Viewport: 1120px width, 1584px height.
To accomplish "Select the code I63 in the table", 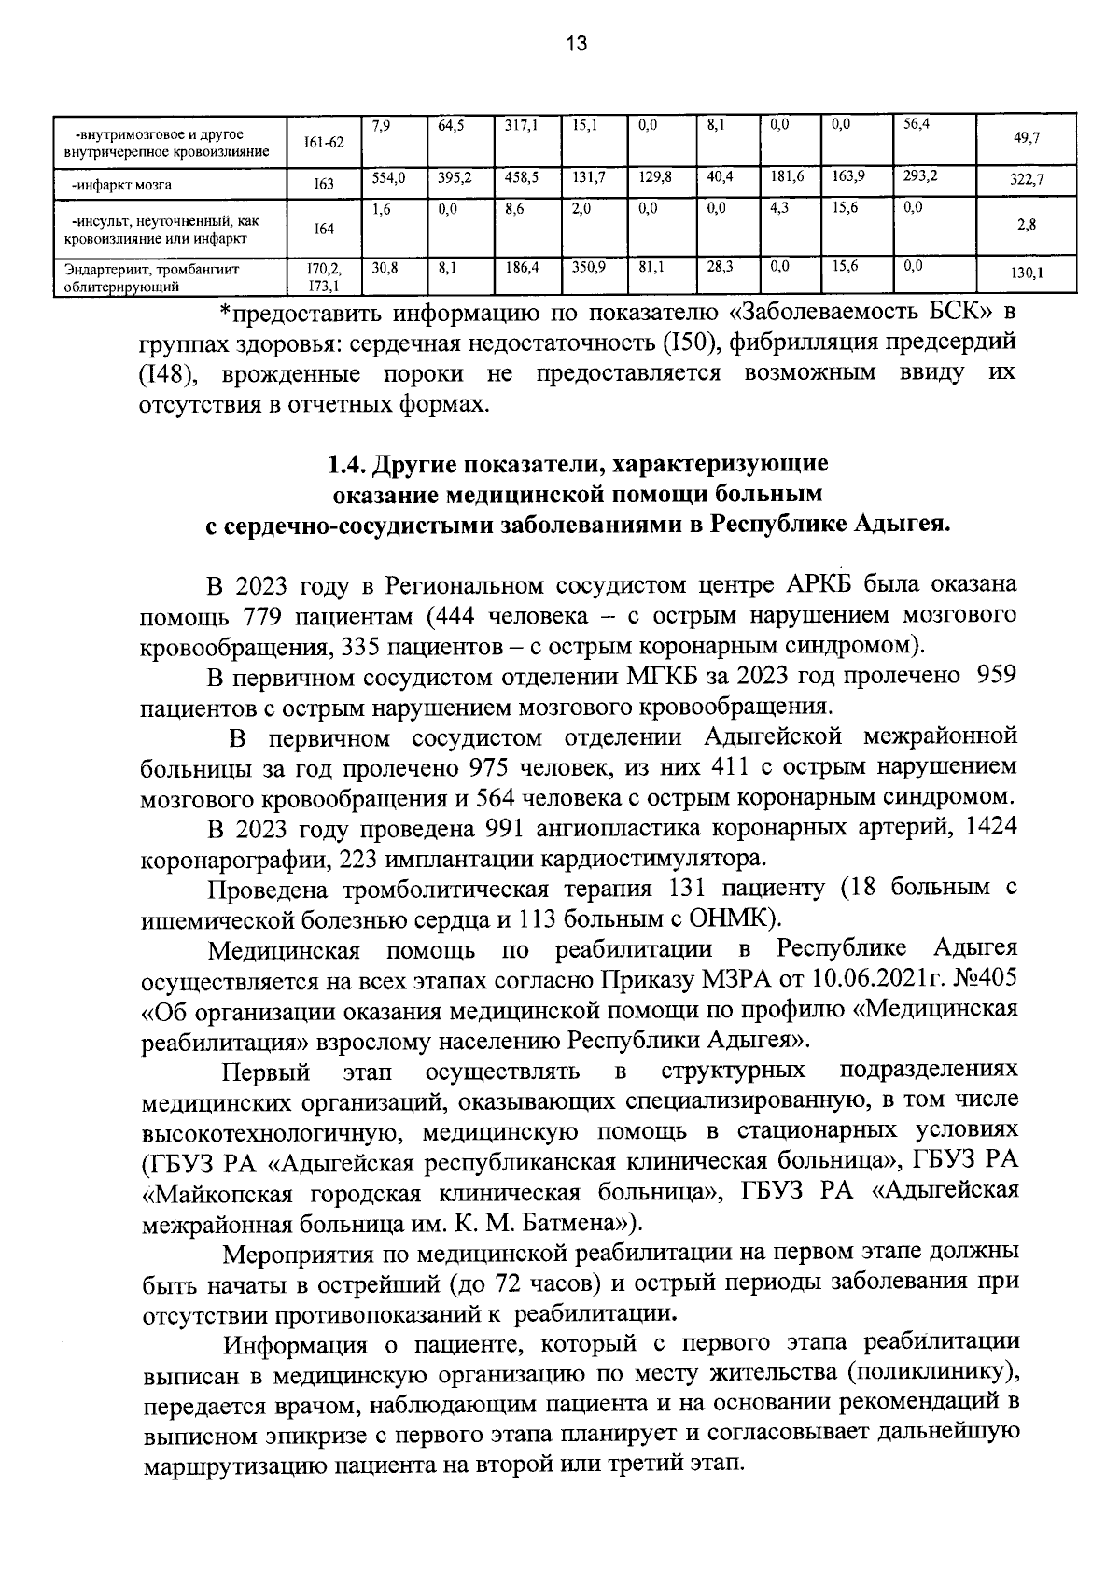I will [324, 185].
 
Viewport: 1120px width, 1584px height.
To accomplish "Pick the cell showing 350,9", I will [589, 266].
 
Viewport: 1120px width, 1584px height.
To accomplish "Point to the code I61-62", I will [324, 142].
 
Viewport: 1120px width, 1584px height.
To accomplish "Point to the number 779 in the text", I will [263, 616].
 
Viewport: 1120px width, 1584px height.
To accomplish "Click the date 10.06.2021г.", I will [874, 979].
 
